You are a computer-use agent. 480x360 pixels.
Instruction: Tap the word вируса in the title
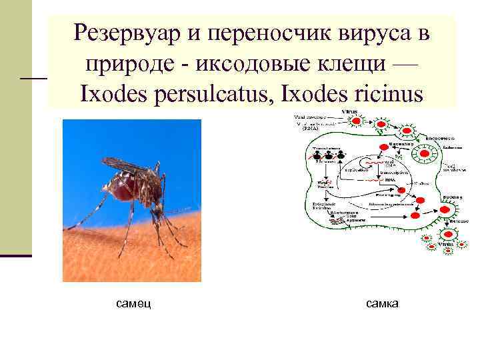pos(375,32)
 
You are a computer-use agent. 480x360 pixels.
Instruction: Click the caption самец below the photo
pos(133,304)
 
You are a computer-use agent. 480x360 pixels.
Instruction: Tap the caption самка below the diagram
pos(382,304)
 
